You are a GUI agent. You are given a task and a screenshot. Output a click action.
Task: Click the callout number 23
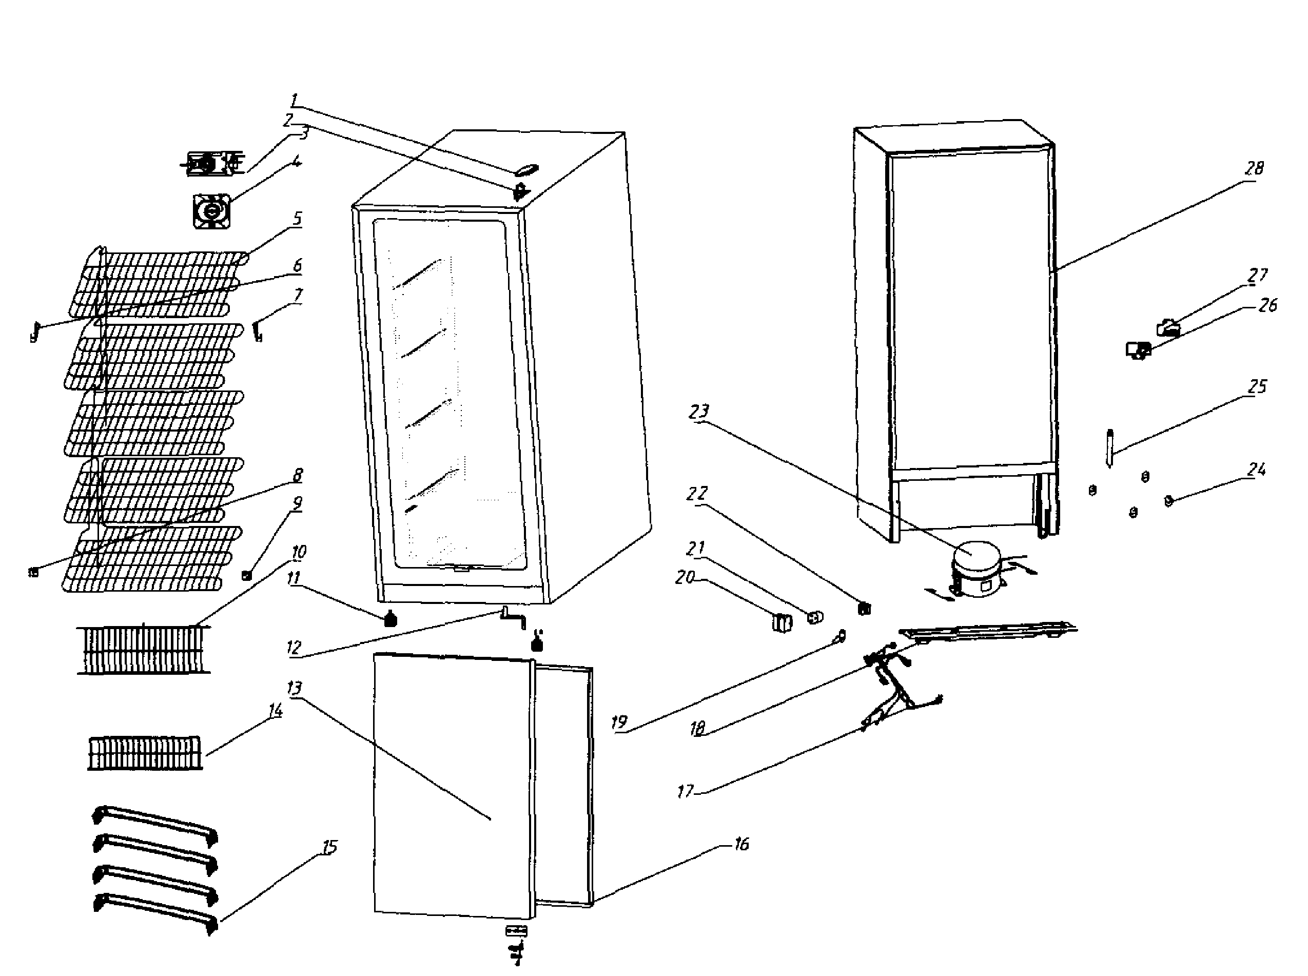698,411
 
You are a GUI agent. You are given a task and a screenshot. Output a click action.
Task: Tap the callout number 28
1254,168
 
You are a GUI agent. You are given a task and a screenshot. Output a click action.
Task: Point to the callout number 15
329,847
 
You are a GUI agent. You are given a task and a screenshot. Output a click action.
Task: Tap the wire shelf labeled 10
143,649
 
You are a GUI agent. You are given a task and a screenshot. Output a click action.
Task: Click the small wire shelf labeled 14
145,753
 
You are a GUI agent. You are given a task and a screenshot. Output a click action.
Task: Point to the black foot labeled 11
390,619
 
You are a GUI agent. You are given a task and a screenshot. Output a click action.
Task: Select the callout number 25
1257,386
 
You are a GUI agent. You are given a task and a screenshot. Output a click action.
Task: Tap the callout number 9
297,503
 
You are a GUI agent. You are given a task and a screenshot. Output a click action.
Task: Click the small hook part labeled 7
258,330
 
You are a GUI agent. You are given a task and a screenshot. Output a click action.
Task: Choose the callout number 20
684,577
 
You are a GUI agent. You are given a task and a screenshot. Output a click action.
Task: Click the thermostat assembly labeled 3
210,163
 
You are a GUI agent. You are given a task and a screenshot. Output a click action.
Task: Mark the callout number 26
1267,305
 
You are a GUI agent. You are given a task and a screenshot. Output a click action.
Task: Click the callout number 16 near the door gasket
741,844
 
